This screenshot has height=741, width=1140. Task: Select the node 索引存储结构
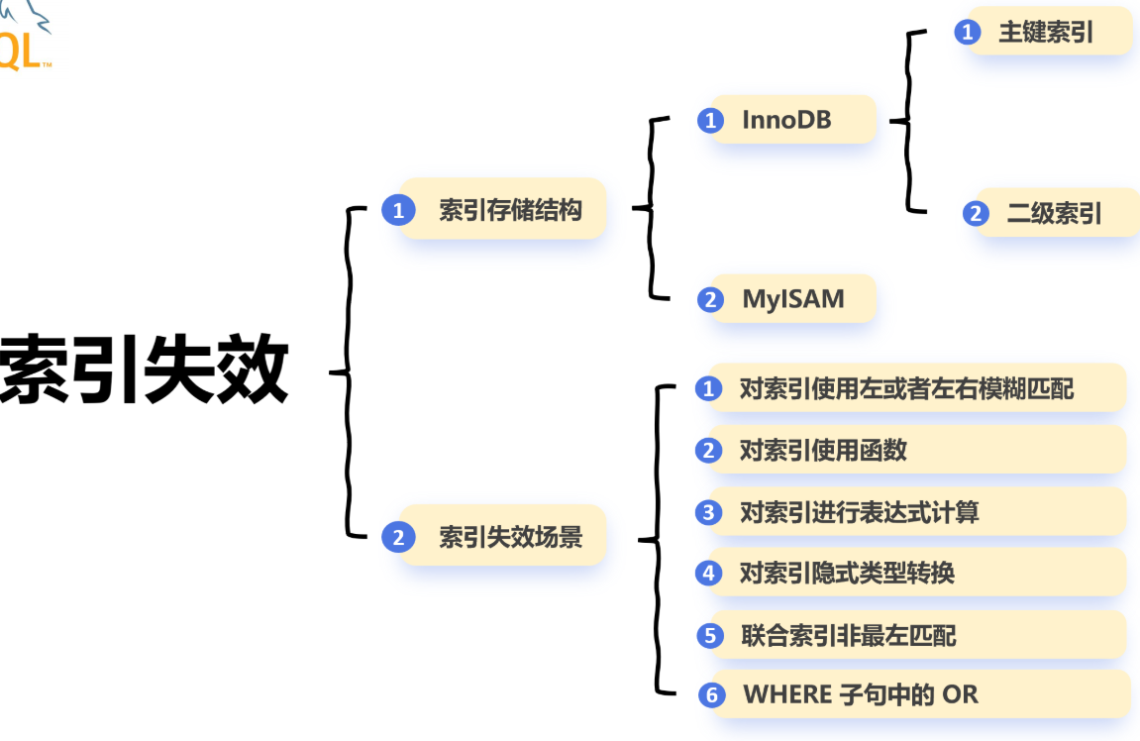(x=510, y=209)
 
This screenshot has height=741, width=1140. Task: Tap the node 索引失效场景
(x=510, y=537)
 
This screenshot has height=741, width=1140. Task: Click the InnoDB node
(x=787, y=120)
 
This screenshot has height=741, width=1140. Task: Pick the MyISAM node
(x=793, y=298)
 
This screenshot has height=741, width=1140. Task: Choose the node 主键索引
(x=1045, y=32)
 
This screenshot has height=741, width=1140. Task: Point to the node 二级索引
(x=1054, y=213)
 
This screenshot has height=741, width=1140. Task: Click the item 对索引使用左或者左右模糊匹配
(x=906, y=388)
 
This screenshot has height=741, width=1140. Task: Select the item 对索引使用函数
(x=823, y=451)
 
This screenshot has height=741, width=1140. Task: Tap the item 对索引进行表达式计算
(x=859, y=512)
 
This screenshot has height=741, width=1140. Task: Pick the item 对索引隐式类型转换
(x=847, y=573)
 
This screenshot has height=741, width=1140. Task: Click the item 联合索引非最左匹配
(x=848, y=634)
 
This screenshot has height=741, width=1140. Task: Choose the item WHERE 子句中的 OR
(x=861, y=694)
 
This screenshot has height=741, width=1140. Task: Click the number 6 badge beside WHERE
(x=711, y=695)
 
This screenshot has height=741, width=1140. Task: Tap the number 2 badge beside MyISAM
(x=710, y=299)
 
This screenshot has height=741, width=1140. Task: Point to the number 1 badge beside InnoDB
(x=710, y=121)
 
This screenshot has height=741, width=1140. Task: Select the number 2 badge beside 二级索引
(x=976, y=213)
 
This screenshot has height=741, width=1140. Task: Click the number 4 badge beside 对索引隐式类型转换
(x=708, y=573)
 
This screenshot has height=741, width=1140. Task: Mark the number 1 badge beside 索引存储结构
(x=398, y=210)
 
